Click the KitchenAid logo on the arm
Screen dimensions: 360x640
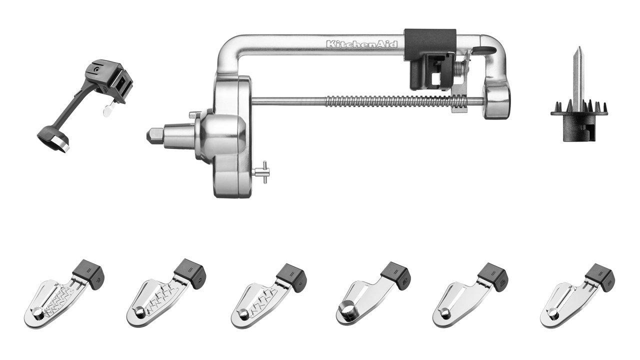click(362, 44)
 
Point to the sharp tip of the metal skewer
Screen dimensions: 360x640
click(577, 49)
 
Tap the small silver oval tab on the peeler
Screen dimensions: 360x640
click(106, 111)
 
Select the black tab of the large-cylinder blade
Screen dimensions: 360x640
click(395, 272)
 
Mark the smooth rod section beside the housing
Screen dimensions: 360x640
click(285, 102)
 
